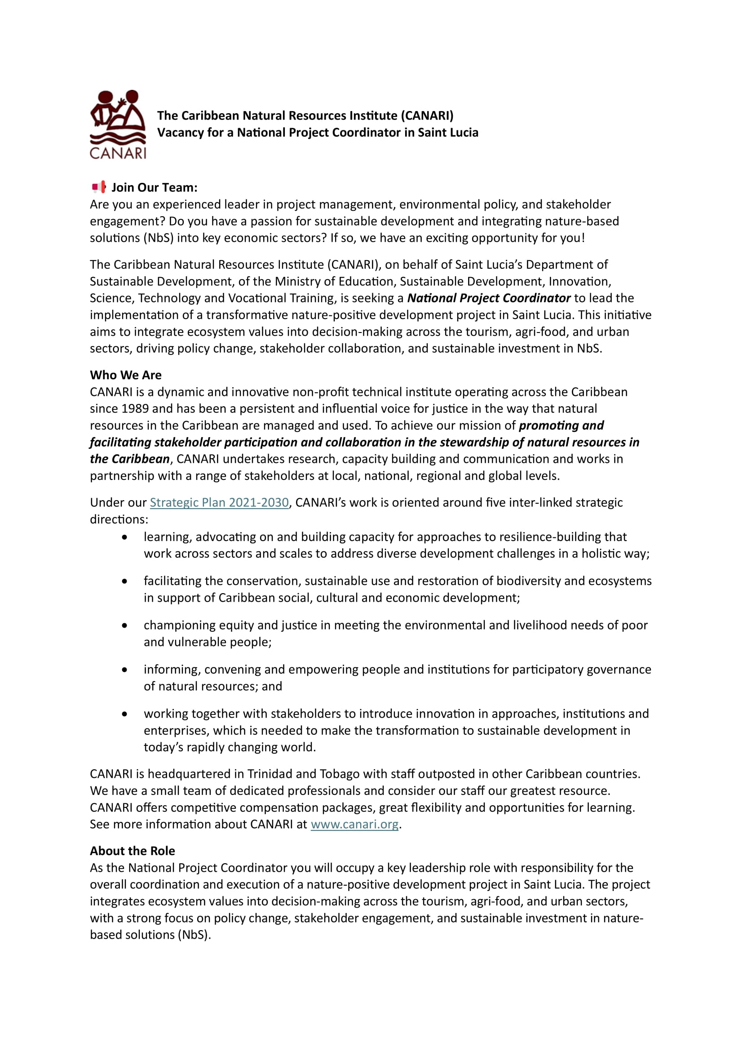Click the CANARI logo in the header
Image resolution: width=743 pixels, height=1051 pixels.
[118, 124]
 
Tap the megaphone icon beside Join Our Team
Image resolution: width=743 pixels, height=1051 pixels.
[99, 187]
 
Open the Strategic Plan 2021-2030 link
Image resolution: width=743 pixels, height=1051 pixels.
[219, 502]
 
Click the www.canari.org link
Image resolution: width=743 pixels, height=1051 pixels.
[354, 824]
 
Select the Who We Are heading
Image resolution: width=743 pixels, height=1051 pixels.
[126, 375]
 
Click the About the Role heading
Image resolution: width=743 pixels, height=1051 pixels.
[132, 851]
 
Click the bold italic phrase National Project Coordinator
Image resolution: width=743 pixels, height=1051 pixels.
[489, 298]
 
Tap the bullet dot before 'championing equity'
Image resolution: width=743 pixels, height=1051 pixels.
[124, 625]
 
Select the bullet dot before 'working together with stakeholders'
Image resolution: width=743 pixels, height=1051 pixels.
[124, 714]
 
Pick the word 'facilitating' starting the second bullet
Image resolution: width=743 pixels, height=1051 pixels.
[172, 581]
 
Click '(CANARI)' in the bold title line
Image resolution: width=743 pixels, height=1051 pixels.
[427, 115]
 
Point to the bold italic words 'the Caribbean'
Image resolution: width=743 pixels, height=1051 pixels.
[129, 459]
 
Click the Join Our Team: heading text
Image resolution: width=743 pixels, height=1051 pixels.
[154, 187]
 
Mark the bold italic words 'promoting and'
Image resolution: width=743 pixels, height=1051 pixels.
[562, 425]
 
